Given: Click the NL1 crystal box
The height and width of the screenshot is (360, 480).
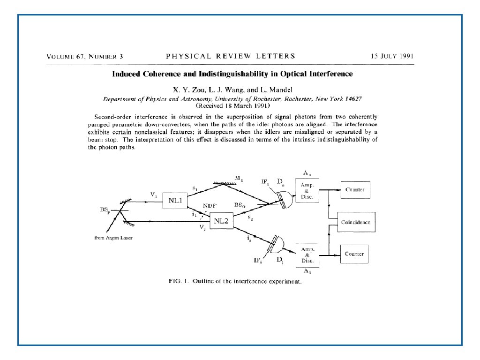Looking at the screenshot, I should tap(175, 201).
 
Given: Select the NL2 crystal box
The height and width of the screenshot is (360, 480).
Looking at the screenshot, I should tap(221, 221).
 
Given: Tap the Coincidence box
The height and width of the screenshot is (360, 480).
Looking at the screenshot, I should tap(355, 222).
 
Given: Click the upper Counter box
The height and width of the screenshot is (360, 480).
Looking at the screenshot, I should tap(355, 190).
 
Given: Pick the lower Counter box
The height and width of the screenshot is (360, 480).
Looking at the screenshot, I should tap(354, 254).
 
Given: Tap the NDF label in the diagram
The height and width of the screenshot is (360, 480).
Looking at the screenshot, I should tap(209, 205).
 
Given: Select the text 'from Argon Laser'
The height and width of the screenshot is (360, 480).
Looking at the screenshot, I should tap(114, 238).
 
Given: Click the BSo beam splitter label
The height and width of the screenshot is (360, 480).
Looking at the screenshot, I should tap(240, 205).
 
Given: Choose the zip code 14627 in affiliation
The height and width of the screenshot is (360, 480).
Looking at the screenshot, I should tap(352, 99).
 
